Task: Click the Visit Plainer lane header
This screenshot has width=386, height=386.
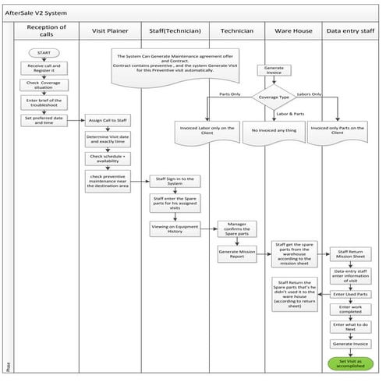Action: point(109,30)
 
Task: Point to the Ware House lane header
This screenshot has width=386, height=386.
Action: point(289,30)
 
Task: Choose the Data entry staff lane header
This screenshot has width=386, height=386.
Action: point(349,30)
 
